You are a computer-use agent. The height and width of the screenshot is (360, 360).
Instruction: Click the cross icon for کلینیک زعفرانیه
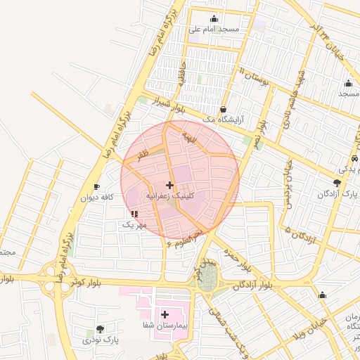[169, 184]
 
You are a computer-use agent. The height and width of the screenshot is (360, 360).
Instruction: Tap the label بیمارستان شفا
[165, 326]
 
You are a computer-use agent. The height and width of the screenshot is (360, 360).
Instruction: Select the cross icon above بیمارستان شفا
[165, 314]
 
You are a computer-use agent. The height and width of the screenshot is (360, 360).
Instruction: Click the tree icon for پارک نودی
[100, 328]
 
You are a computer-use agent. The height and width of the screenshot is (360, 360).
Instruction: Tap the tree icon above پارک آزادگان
[337, 183]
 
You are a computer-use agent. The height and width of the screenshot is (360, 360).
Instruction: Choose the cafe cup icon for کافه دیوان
[97, 186]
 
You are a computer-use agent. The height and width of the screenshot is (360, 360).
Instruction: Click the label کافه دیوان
[97, 197]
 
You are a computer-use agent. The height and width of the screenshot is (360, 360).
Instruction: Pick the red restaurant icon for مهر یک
[134, 214]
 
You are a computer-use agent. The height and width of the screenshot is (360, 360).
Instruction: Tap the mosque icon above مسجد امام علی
[214, 19]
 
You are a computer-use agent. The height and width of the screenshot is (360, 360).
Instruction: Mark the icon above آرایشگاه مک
[223, 109]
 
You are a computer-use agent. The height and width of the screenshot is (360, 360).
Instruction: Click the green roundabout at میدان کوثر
[207, 279]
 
